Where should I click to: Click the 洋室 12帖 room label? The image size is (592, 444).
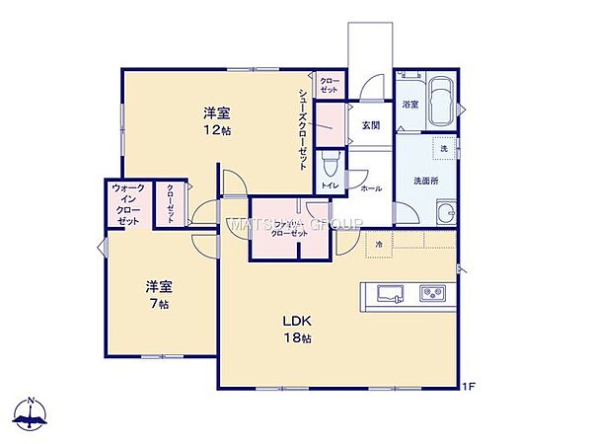tap(218, 121)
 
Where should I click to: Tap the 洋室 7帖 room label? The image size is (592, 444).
tap(159, 295)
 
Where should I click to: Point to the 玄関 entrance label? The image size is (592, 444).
tap(369, 125)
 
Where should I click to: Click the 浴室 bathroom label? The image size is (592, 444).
tap(409, 104)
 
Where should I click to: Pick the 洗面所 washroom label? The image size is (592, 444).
tap(426, 181)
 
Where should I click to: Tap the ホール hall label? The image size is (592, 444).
tap(370, 187)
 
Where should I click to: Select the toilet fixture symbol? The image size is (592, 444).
tap(331, 162)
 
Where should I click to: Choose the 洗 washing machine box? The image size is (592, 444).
tap(443, 148)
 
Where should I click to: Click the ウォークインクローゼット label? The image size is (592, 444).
tap(128, 204)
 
